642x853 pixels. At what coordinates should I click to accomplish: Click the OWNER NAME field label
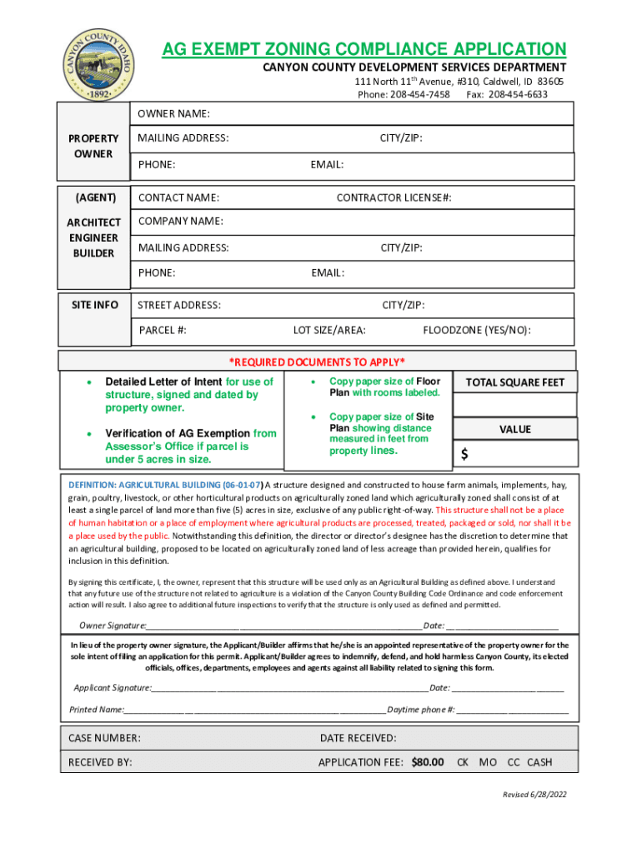coord(173,113)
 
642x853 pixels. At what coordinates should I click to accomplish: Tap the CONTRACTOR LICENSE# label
coord(394,197)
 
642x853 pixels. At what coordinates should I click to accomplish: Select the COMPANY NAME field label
coord(180,221)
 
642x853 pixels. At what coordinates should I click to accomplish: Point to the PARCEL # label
coord(163,330)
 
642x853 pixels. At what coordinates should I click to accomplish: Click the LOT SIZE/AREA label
coord(329,330)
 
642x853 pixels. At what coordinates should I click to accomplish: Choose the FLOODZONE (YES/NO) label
coord(477,330)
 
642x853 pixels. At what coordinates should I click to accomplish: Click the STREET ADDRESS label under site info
coord(179,305)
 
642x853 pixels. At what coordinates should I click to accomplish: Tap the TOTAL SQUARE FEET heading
coord(514,382)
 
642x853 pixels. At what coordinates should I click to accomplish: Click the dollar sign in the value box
coord(464,454)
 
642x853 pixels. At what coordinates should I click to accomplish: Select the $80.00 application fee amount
coord(428,761)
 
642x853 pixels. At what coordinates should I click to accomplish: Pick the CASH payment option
coord(539,761)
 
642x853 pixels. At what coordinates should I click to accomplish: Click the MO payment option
coord(488,761)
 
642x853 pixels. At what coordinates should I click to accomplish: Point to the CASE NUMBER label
coord(104,738)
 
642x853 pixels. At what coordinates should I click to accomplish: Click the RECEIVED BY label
coord(100,761)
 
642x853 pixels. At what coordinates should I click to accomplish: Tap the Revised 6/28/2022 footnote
coord(534,795)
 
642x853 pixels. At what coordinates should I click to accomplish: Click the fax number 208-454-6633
coord(518,94)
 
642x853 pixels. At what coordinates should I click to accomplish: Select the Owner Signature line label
coord(113,626)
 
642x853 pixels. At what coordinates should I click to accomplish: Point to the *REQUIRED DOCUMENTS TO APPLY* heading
coord(317,362)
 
